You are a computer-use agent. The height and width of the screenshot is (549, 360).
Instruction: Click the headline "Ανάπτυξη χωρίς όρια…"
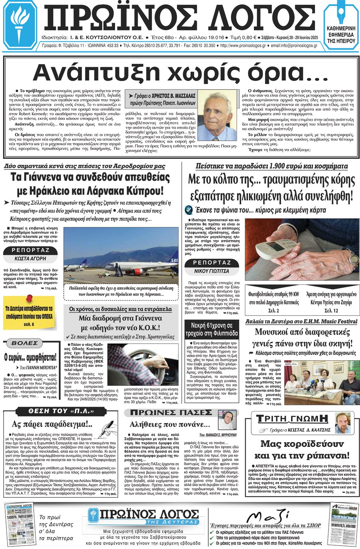click(180, 72)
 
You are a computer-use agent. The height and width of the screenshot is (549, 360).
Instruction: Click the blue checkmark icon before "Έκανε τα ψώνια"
click(189, 210)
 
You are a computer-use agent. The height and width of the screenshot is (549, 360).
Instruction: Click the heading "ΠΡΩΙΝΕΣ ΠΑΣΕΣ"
click(171, 413)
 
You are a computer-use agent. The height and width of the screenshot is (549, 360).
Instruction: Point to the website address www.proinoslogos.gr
click(243, 46)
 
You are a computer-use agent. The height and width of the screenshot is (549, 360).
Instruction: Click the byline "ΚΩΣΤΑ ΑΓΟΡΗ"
click(30, 259)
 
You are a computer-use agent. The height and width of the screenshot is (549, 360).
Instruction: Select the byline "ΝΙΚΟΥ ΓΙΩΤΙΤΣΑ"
click(212, 271)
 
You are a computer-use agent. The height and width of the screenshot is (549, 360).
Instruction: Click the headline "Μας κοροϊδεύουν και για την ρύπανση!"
click(301, 450)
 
